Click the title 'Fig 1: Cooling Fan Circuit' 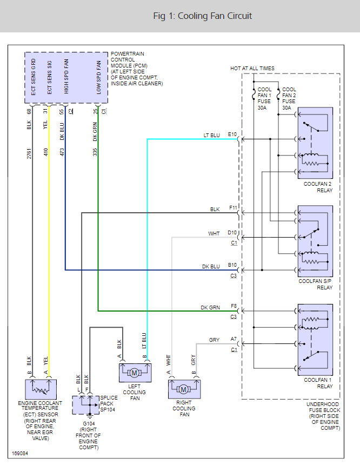point(203,16)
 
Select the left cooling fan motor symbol point(135,373)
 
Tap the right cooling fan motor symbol point(184,388)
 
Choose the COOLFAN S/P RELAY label point(318,284)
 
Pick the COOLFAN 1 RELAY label point(318,383)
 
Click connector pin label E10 point(232,133)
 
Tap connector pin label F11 point(233,207)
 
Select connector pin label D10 point(233,233)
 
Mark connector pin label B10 point(233,265)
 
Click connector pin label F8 point(234,306)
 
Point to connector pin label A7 point(234,339)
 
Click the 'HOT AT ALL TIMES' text point(252,69)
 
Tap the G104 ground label point(88,423)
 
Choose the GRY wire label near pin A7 point(214,340)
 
